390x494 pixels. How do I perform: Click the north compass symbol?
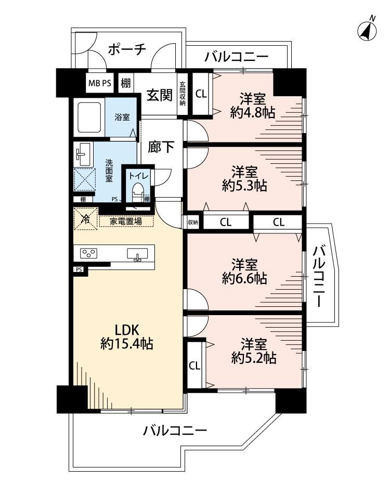coord(367,31)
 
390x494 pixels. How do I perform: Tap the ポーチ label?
coord(127,49)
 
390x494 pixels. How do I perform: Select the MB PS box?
coord(99,83)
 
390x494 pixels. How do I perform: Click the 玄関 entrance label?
coord(160,95)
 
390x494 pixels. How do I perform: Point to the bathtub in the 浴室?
coord(89,117)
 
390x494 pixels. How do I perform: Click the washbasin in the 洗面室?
coord(83,154)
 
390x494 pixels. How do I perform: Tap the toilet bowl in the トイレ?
coord(137,191)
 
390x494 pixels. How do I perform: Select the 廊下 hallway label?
coord(161,147)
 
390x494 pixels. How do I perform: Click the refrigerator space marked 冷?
coord(85,218)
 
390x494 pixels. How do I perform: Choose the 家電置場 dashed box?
coord(126,221)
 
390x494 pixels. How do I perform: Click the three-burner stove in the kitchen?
coord(89,253)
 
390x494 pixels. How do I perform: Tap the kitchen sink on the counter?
coord(137,254)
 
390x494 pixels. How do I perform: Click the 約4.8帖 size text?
coord(253,112)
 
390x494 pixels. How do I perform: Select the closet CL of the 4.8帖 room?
coord(201,94)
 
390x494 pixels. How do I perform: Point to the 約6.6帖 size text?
coord(245,279)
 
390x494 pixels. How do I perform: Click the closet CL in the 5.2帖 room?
coord(194,366)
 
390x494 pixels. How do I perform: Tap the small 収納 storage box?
coord(193,222)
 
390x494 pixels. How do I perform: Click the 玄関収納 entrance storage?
coord(183,94)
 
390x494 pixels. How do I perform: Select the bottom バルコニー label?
coord(175,430)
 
